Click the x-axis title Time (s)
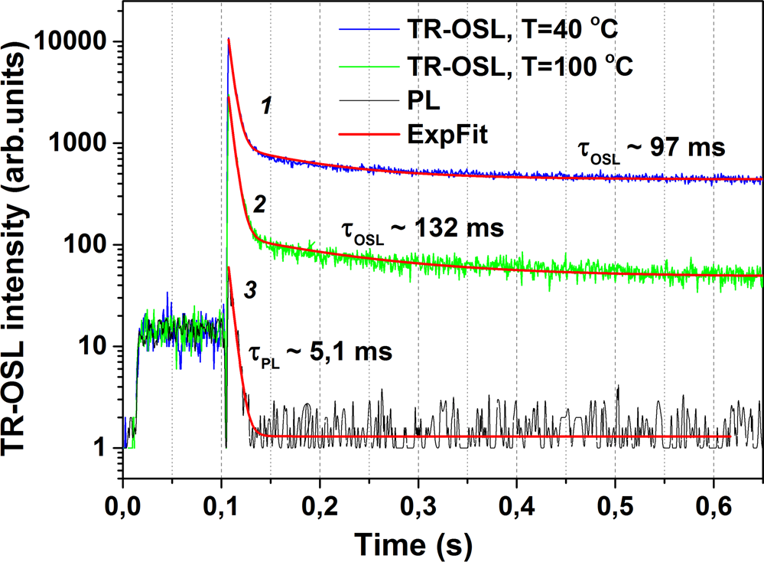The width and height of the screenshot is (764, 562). pyautogui.click(x=412, y=544)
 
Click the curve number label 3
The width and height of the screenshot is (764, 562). pyautogui.click(x=249, y=290)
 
